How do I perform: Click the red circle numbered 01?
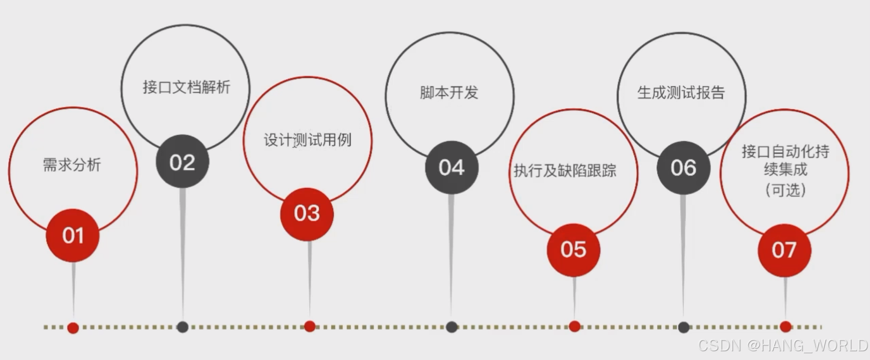[73, 235]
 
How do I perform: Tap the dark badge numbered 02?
[182, 162]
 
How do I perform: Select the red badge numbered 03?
[307, 214]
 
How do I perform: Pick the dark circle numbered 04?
[452, 168]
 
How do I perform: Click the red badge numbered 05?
[573, 250]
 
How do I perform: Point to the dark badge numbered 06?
[683, 168]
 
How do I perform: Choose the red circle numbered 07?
[784, 250]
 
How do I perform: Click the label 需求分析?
[72, 165]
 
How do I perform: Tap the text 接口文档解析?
[186, 87]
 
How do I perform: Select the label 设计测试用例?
[307, 140]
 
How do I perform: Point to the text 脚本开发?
[449, 92]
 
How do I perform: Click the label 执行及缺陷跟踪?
[565, 171]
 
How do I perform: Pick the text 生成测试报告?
[681, 92]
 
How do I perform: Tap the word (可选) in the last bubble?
[785, 190]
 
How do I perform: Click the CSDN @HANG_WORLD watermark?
[783, 345]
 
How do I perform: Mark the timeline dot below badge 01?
[73, 328]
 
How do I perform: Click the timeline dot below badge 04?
[452, 327]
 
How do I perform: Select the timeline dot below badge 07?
[785, 326]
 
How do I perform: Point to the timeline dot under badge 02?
[182, 327]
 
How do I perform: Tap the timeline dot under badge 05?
[574, 326]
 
